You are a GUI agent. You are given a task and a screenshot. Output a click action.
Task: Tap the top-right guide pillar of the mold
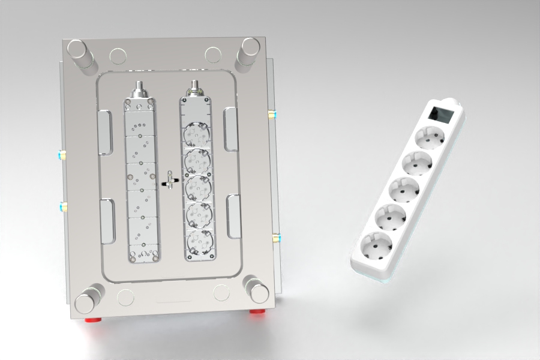247,53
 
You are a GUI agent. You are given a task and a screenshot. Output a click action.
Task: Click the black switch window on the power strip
441,114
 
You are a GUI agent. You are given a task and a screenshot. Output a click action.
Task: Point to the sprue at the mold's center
171,179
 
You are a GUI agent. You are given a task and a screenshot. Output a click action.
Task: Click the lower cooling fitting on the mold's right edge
275,238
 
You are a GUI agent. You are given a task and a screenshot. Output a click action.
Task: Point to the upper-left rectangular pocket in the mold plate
106,132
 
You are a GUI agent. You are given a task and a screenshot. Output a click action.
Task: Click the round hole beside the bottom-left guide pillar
126,297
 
